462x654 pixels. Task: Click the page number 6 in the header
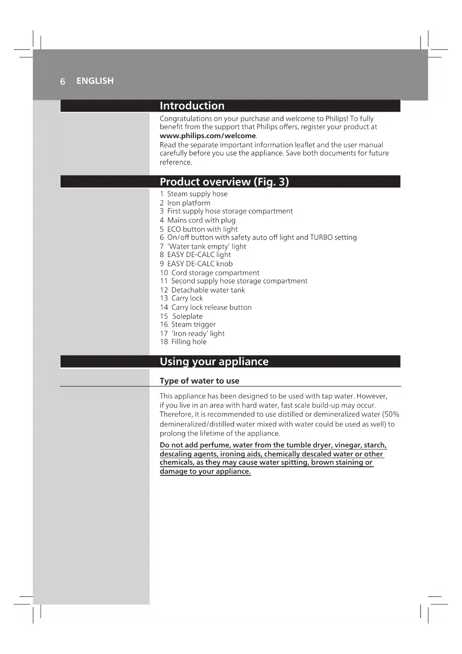click(63, 81)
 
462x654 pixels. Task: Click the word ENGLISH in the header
click(95, 81)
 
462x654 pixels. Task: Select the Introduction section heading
click(192, 106)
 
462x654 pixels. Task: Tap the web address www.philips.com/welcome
click(208, 136)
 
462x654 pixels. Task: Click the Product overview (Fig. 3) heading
click(224, 182)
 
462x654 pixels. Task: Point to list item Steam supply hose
click(197, 194)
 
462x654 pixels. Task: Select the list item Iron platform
click(188, 203)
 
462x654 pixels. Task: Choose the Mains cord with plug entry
click(201, 220)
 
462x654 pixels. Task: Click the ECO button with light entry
click(202, 229)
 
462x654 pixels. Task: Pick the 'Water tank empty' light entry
click(207, 246)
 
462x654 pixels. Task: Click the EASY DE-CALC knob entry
click(200, 264)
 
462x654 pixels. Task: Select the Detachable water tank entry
click(208, 290)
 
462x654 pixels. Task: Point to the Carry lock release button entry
click(211, 307)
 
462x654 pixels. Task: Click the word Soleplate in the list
click(188, 316)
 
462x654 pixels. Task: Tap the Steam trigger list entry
click(193, 324)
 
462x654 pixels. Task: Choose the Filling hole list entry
click(189, 342)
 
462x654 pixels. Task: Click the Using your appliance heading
click(214, 362)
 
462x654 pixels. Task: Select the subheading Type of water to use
click(200, 381)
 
